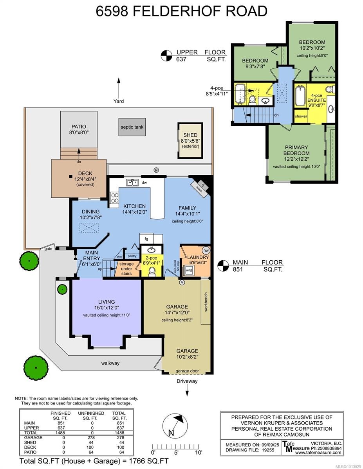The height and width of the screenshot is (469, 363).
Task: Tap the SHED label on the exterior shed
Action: tap(190, 135)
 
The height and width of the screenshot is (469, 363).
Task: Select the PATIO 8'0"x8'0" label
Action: tap(78, 129)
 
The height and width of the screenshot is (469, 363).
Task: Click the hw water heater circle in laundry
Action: tap(205, 251)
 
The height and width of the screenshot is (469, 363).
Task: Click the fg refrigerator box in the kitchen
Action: tap(146, 238)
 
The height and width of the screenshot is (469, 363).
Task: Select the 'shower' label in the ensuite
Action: tap(301, 116)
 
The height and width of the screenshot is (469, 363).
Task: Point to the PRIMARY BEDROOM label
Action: tap(296, 150)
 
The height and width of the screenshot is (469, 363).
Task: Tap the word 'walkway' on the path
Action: tap(110, 363)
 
